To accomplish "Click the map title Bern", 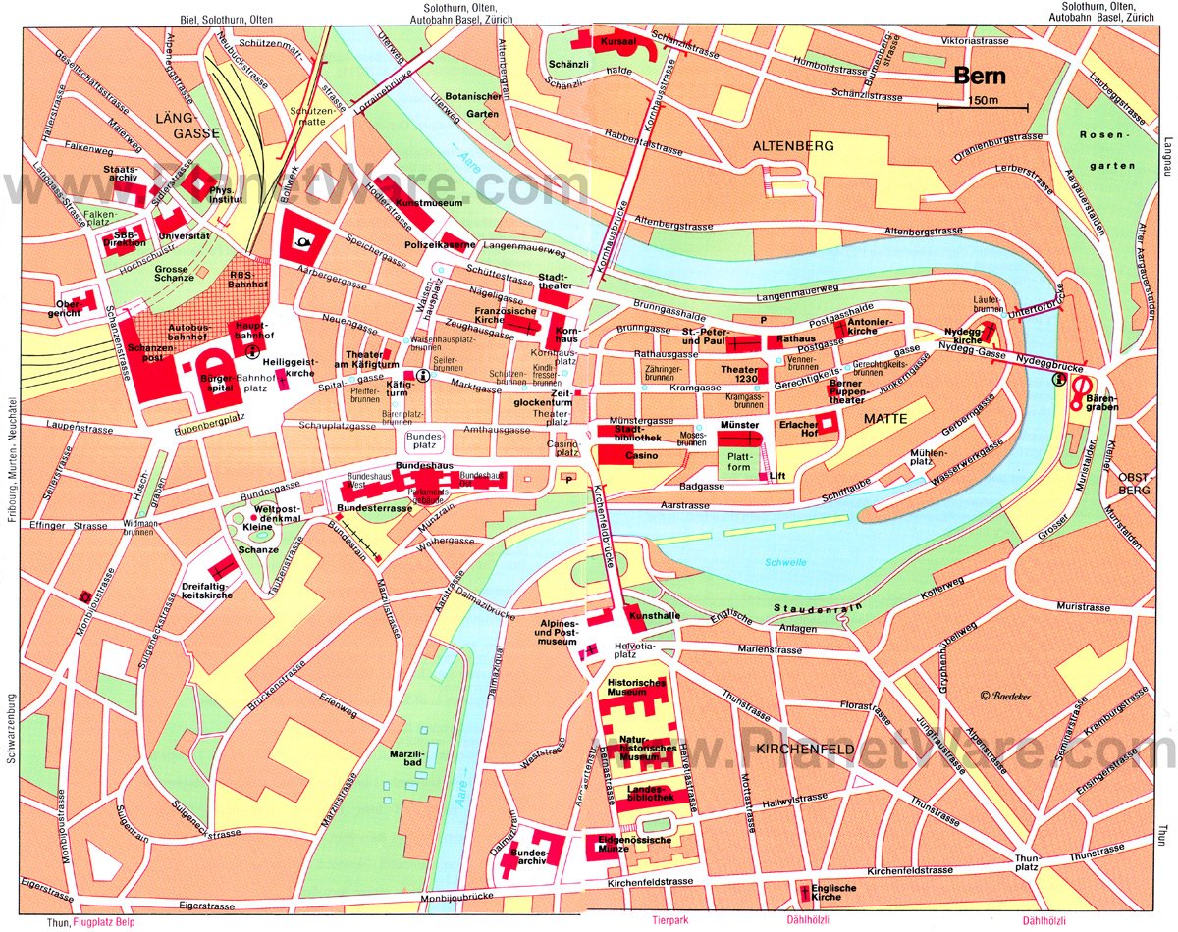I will (981, 76).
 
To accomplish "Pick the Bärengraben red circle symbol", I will (1080, 391).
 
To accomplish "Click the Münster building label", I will (739, 423).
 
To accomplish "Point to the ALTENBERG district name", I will (792, 145).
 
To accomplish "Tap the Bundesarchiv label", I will (528, 860).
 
